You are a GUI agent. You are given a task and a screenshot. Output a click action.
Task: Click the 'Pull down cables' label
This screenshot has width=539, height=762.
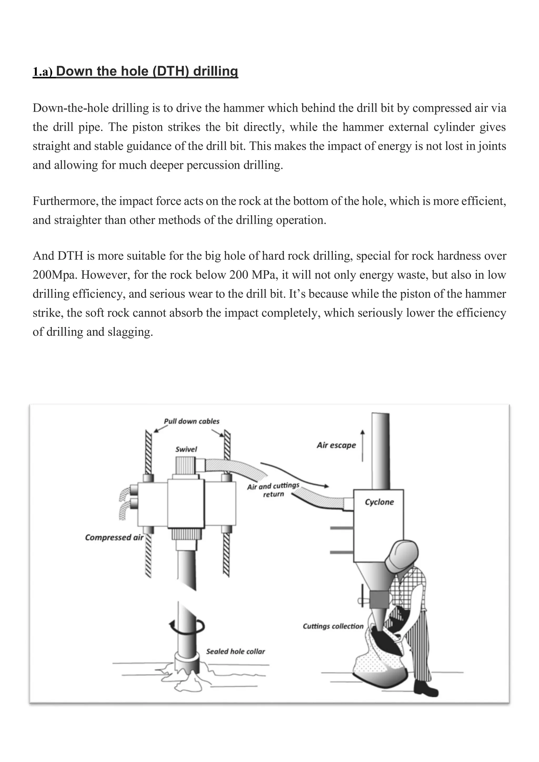coord(192,421)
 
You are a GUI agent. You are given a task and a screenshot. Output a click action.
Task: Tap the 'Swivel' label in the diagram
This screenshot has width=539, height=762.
coord(186,449)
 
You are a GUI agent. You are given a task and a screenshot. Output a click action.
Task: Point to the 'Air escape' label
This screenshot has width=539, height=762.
coord(336,445)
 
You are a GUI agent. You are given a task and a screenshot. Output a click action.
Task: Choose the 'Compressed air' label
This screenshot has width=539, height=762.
coord(114,537)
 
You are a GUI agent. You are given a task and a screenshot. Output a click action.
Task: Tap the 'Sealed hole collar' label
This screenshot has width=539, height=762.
coord(235,651)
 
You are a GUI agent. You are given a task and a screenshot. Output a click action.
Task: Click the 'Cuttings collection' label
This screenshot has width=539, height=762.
coord(333,626)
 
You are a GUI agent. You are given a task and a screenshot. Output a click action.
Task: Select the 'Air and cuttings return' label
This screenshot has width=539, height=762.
coord(273,490)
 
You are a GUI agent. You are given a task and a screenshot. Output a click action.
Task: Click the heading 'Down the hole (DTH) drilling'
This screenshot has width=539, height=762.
coord(147,71)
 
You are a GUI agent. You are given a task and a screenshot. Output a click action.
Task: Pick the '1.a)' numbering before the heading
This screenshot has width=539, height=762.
coord(42,72)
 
